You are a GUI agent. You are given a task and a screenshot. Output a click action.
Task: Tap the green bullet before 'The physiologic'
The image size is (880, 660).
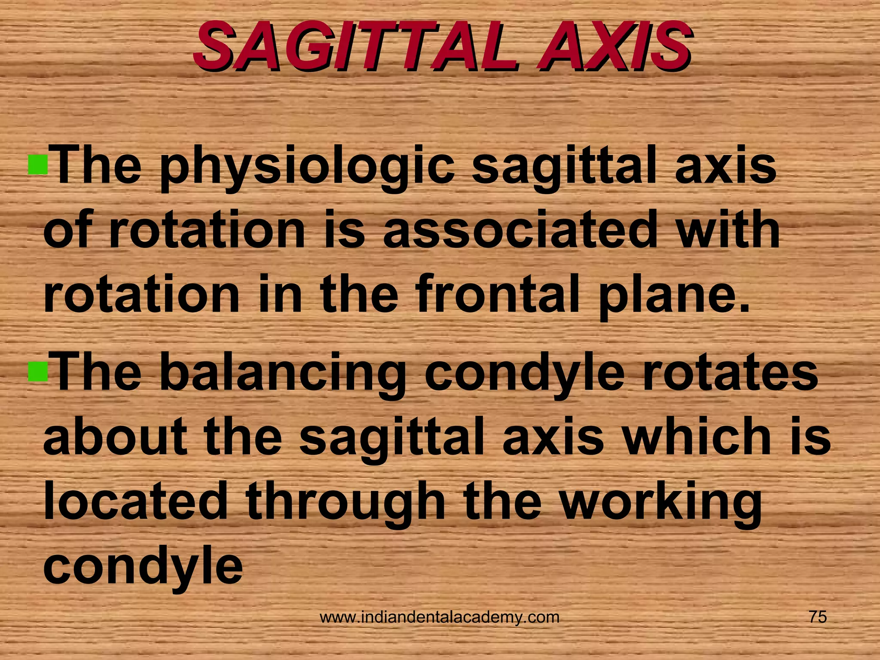[x=38, y=164]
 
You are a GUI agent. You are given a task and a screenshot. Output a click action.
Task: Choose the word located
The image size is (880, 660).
[x=135, y=501]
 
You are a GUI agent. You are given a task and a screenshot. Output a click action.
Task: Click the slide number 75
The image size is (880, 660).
[x=818, y=617]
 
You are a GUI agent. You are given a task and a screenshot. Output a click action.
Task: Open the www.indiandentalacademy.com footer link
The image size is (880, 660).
[x=440, y=618]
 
